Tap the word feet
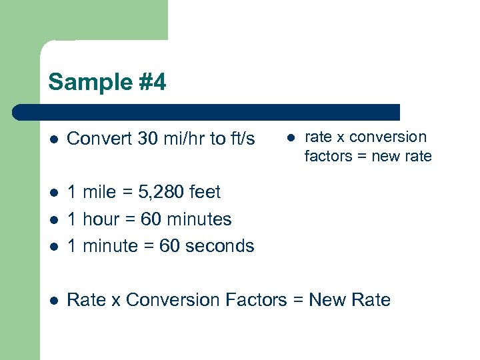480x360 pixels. tap(205, 193)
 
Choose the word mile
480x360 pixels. tap(99, 193)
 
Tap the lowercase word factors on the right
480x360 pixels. tap(329, 157)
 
